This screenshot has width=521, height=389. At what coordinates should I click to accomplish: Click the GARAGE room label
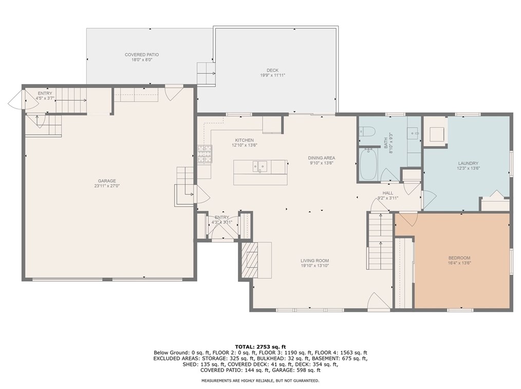(x=107, y=181)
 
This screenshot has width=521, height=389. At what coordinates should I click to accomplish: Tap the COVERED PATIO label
(x=142, y=55)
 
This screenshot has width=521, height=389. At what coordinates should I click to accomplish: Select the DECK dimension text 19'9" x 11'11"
(x=272, y=75)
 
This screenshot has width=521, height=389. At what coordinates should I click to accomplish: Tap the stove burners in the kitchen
(x=204, y=154)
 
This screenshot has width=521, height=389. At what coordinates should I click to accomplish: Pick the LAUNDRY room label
(x=468, y=163)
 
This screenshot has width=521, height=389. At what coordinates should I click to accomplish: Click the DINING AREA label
(x=321, y=158)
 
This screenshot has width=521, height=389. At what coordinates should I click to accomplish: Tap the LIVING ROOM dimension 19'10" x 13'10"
(x=314, y=265)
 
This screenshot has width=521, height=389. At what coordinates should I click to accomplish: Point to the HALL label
(x=388, y=193)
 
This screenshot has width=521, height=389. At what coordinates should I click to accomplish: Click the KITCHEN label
(x=245, y=141)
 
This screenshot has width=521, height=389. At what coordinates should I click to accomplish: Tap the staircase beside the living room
(x=380, y=241)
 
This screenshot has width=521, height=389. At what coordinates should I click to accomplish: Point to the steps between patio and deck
(x=206, y=73)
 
